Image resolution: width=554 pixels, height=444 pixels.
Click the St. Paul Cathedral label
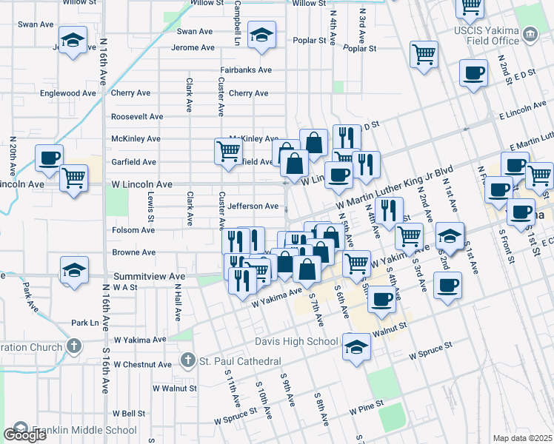tap(240, 361)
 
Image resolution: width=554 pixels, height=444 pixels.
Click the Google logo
tap(24, 434)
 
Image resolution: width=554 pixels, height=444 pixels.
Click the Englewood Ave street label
tap(68, 94)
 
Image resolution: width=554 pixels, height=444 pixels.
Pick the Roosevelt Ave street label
tap(137, 117)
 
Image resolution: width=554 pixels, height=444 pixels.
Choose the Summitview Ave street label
tap(149, 276)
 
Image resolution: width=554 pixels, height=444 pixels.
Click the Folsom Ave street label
tap(133, 230)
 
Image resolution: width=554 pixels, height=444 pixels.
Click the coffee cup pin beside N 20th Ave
tap(50, 158)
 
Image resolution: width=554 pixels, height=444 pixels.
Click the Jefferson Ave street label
tap(253, 206)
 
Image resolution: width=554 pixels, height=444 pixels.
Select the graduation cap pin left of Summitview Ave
tap(74, 272)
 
